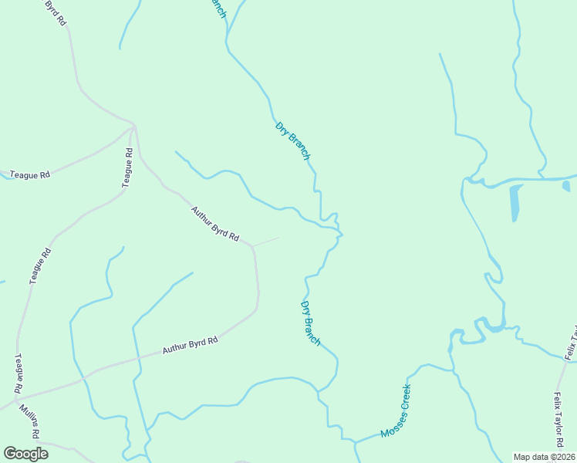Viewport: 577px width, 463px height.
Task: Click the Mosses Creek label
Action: (396, 411)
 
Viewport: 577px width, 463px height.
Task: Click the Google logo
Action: (25, 454)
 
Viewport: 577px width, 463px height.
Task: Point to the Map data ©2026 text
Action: (544, 457)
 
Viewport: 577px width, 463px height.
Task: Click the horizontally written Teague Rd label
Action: (29, 175)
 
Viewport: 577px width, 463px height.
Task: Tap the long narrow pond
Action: (515, 203)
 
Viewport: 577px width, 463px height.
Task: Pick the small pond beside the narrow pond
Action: (566, 186)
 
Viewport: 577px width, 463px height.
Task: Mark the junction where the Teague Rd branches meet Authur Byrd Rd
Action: (134, 126)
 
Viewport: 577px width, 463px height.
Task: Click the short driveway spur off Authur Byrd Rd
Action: (266, 242)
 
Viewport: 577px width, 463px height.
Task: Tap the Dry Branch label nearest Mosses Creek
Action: (310, 323)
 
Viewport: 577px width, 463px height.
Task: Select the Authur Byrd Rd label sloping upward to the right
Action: (191, 346)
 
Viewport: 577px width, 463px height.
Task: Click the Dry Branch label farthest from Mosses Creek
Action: (293, 140)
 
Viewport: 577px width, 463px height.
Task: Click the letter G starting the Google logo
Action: (10, 454)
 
